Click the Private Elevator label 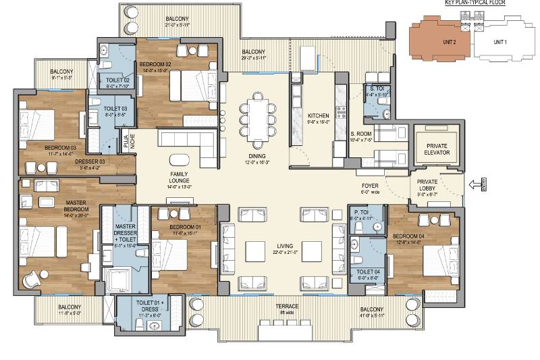437,149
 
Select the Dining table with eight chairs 259,115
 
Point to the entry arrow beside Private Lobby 475,183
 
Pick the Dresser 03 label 90,162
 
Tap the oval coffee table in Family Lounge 180,160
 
